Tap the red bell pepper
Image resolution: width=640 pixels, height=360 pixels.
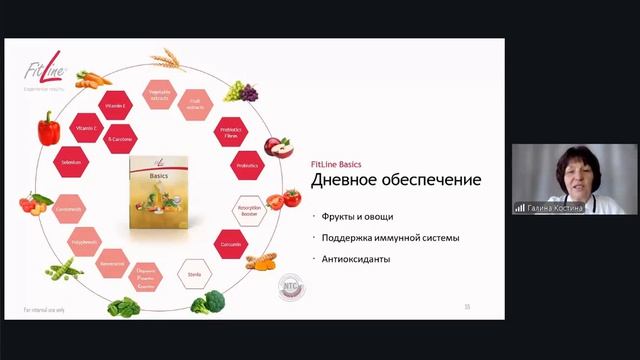click(48, 129)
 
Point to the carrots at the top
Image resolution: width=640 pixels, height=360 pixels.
click(93, 77)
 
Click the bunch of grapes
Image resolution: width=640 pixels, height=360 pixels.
click(240, 91)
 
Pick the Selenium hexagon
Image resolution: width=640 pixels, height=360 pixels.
click(70, 162)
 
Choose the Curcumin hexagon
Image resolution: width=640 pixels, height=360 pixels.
click(232, 244)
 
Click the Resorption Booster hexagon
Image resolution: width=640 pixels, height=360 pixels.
click(250, 212)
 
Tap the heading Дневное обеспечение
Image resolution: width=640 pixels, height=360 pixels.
click(396, 180)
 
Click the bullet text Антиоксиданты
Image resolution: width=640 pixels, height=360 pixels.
click(356, 259)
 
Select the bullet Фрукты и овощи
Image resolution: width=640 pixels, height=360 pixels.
click(358, 217)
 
